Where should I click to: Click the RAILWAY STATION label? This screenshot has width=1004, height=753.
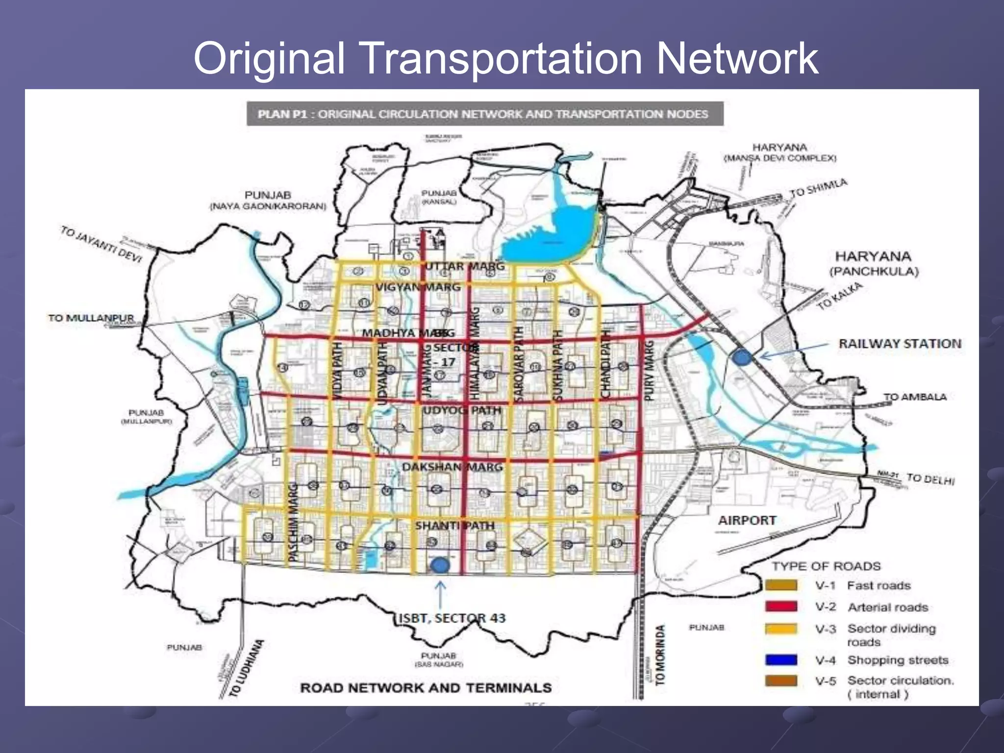pos(900,344)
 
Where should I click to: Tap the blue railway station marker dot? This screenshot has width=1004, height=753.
pos(742,357)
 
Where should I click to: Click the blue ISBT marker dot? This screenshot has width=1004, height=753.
pos(440,566)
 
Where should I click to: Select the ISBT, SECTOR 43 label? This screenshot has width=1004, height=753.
pos(452,618)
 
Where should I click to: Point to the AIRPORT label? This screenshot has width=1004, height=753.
pos(747,520)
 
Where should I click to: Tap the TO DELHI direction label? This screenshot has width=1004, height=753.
pos(930,478)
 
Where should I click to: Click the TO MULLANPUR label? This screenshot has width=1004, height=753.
pos(91,318)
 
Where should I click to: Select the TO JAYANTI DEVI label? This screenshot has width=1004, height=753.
pos(101,244)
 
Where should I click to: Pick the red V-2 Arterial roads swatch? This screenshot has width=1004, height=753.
pos(781,607)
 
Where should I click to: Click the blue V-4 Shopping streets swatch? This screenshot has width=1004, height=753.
pos(781,660)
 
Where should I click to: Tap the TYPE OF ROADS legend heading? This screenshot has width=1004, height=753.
pos(826,566)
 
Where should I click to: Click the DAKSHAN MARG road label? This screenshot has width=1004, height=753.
pos(452,467)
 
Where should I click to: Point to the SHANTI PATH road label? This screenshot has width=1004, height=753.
pos(455,526)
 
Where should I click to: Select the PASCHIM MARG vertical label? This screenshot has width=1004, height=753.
pos(293,522)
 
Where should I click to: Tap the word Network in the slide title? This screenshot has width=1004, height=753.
pos(737,59)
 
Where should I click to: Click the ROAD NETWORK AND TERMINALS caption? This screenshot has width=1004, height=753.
pos(426,688)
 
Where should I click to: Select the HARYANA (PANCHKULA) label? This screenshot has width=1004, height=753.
pos(873,263)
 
